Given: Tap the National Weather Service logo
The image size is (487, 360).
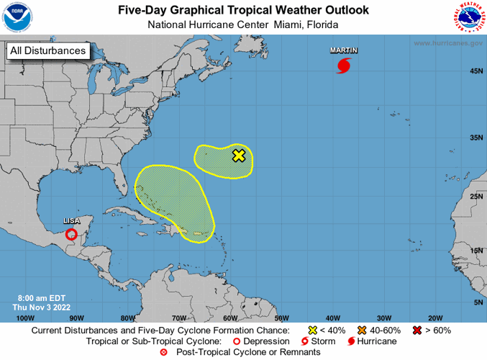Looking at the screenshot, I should click(469, 17).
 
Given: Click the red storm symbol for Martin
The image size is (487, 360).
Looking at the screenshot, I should click(344, 66).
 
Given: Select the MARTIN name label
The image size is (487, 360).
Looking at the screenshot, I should click(344, 50).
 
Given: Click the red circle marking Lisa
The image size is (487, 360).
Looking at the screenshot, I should click(71, 234).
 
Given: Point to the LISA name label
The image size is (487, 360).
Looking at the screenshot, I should click(71, 221).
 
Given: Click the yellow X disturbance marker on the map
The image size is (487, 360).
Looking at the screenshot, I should click(239, 156).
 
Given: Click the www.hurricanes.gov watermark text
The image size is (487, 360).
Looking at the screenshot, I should click(447, 44).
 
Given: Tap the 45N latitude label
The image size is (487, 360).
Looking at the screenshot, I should click(475, 71).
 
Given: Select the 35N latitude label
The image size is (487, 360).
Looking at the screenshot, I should click(475, 137).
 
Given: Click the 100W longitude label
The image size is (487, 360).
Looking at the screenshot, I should click(24, 318).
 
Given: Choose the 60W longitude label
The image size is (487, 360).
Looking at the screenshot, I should click(230, 318).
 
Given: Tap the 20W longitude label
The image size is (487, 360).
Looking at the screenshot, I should click(434, 318).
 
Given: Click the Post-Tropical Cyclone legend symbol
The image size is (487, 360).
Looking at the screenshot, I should click(163, 352).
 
